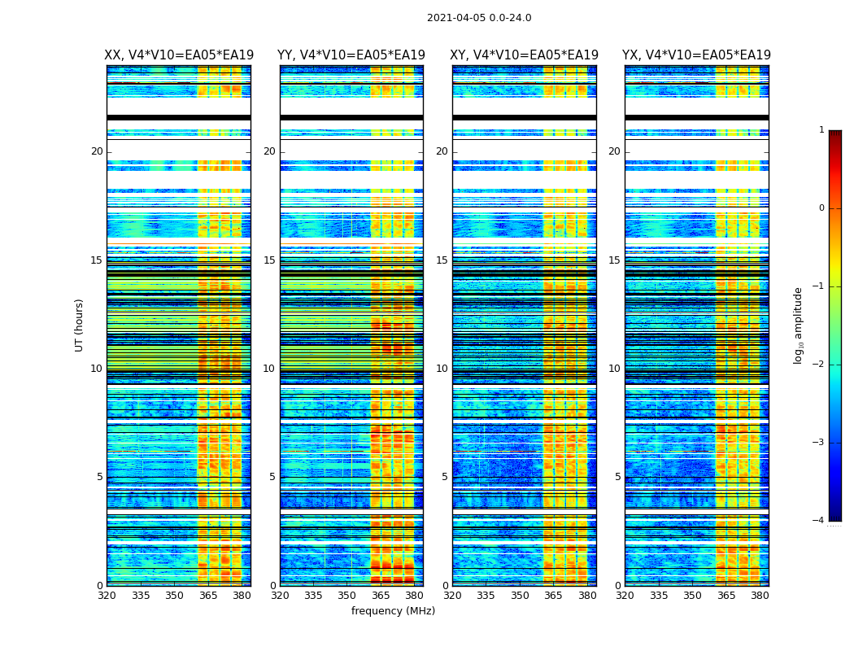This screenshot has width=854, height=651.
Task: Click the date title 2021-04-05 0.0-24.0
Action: [479, 18]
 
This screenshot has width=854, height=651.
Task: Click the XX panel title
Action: [179, 55]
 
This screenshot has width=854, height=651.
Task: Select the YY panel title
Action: [351, 55]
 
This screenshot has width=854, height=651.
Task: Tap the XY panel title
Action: [525, 55]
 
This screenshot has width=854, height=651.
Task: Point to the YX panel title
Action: [696, 55]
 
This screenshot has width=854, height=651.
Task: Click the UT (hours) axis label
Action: [80, 325]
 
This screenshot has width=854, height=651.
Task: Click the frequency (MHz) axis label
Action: [393, 611]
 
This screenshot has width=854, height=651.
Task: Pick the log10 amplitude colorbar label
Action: [799, 325]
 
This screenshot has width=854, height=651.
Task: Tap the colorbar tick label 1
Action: [821, 130]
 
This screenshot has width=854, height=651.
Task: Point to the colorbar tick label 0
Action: [821, 208]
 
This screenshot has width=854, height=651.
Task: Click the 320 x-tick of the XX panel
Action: [107, 596]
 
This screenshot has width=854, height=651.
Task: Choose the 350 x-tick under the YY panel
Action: [347, 596]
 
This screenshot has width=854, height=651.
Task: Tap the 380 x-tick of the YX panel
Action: [760, 596]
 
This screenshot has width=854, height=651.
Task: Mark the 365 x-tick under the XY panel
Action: [553, 596]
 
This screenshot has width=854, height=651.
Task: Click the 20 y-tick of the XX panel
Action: [97, 151]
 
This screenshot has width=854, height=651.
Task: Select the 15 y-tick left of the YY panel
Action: [269, 260]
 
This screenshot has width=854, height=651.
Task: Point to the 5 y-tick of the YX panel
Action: [617, 477]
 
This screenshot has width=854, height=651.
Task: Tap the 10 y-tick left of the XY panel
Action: [442, 369]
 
